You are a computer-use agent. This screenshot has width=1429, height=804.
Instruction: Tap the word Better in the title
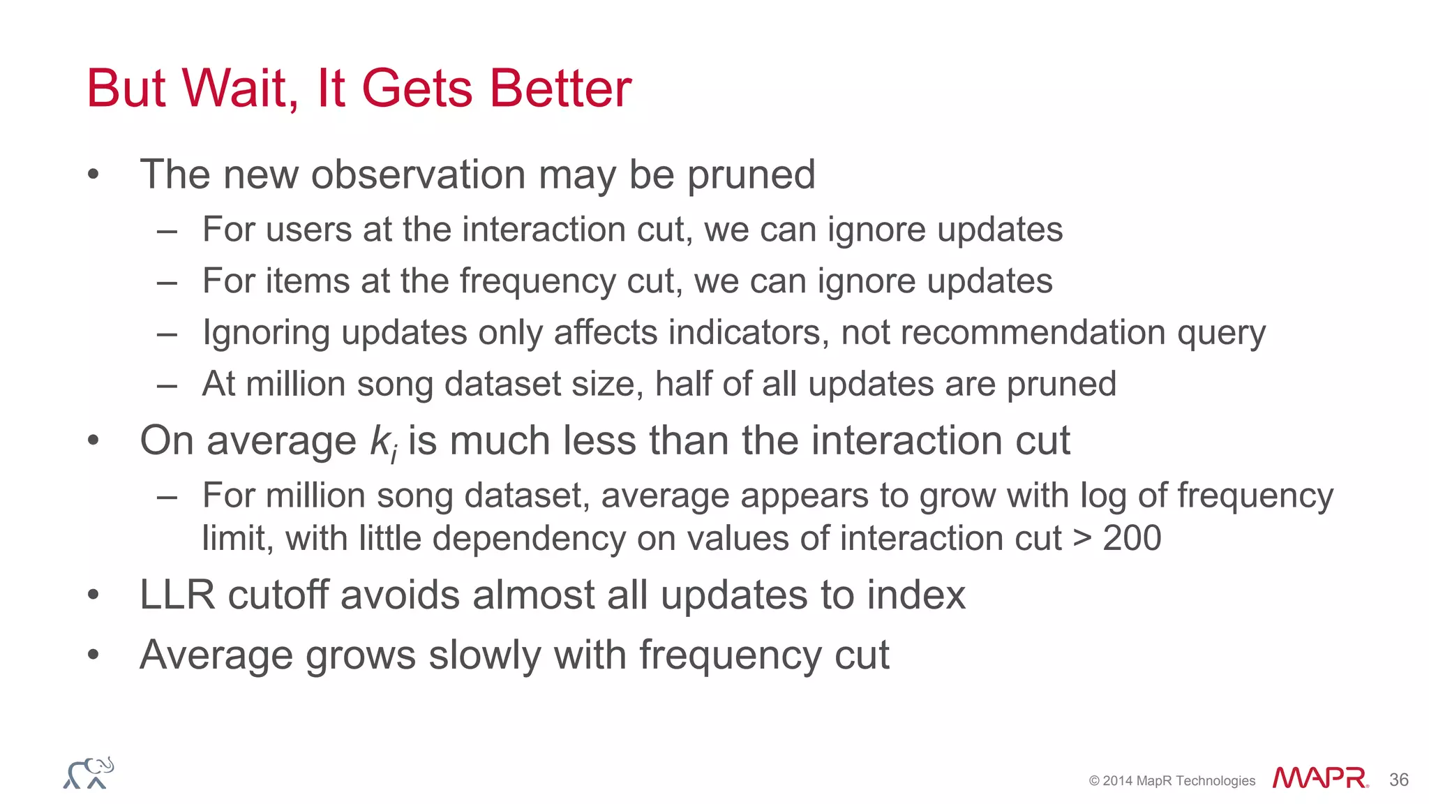coord(560,89)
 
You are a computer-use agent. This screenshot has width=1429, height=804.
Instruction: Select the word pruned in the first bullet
coord(751,175)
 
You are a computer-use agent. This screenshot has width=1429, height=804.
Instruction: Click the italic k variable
coord(381,441)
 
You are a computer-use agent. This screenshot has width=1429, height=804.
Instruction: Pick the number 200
coord(1132,538)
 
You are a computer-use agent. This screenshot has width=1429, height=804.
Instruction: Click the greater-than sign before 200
coord(1082,538)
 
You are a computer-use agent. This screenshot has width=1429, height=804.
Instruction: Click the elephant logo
coord(89,773)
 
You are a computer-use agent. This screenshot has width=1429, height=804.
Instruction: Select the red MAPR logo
coord(1319,779)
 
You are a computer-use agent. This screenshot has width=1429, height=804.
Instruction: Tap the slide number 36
coord(1398,780)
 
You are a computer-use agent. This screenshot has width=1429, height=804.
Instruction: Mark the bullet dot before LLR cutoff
coord(93,595)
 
